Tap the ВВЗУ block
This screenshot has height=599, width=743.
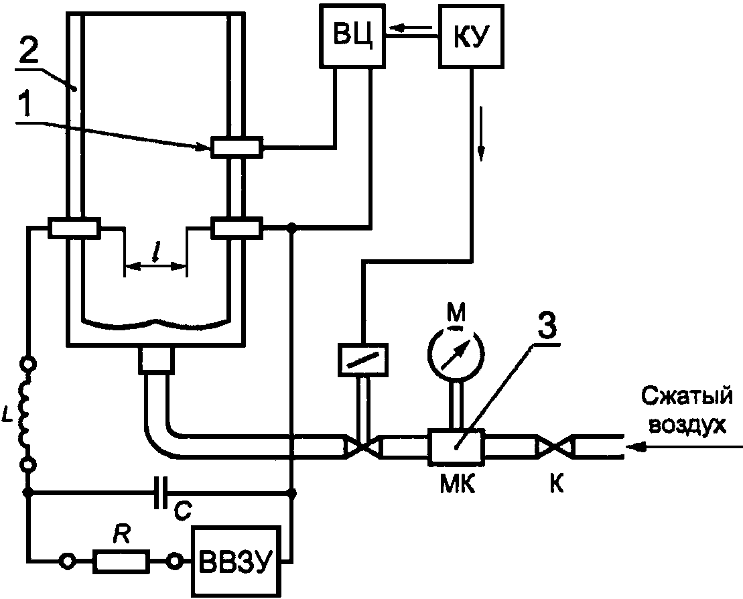point(236,561)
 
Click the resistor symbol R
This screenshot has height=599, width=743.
point(121,561)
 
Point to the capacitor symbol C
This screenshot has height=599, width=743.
point(161,493)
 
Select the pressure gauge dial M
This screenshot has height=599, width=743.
point(456,350)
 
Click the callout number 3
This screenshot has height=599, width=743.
point(547,325)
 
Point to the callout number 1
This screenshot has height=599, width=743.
point(26,105)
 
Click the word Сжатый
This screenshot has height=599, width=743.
point(687,398)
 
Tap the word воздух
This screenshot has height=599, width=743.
point(687,425)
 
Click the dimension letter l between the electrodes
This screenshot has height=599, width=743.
point(155,252)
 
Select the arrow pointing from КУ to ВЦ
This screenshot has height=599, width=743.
point(410,29)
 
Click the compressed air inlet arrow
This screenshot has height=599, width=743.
point(684,446)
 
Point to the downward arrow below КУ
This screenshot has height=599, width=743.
point(482,133)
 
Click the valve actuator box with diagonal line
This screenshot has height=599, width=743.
point(363,360)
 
